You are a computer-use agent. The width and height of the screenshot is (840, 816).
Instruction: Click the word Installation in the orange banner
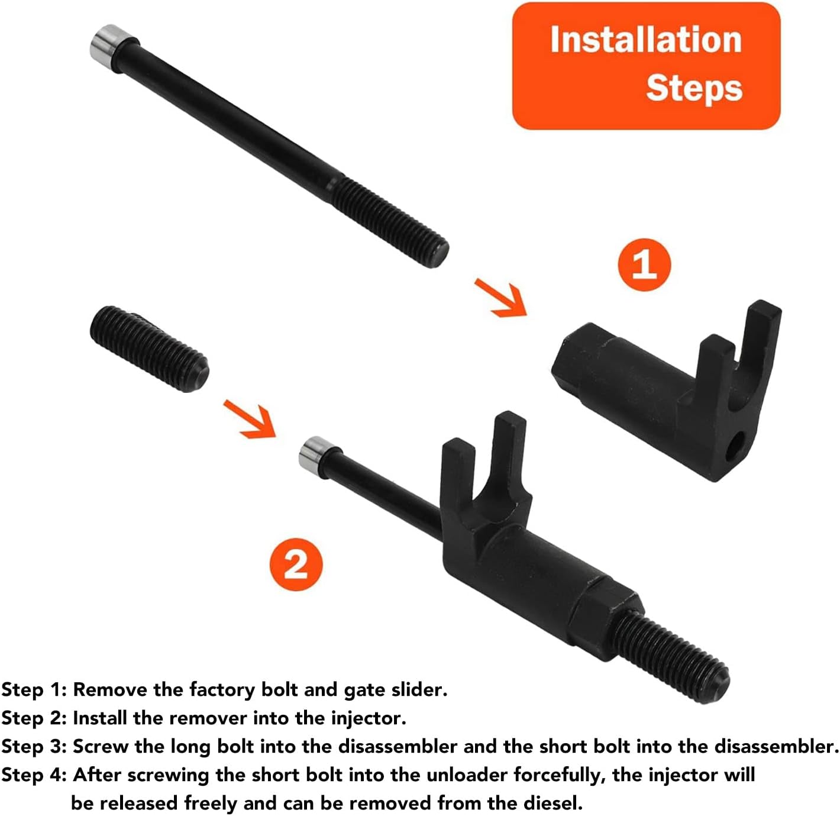646,40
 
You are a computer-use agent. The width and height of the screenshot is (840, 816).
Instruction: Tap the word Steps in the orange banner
694,89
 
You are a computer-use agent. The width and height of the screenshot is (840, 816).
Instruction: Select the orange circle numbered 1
644,265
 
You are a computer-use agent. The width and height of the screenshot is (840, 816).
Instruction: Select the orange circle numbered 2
296,565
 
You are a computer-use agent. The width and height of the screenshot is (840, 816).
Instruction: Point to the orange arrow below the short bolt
250,419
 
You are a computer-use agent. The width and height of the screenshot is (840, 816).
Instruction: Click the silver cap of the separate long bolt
108,43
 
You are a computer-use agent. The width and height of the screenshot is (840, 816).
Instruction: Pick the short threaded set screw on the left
149,349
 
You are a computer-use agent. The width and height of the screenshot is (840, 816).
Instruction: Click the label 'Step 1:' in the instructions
34,690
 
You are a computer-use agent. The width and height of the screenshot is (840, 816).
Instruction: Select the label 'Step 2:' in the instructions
34,718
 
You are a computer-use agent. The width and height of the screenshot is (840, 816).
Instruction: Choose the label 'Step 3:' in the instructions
34,747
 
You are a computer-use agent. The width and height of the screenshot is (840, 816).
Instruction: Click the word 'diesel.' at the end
553,803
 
